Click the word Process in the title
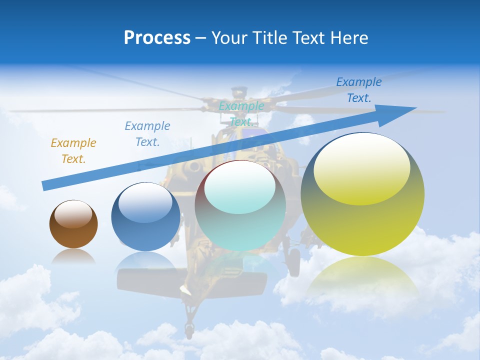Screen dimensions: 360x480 [x=157, y=38]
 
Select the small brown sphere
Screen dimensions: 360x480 [x=73, y=224]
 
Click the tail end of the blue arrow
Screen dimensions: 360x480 [x=45, y=186]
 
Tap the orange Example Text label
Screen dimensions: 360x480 [x=73, y=150]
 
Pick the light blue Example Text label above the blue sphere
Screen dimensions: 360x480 [x=147, y=133]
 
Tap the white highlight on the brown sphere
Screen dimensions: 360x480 [x=73, y=213]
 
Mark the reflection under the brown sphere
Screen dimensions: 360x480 [x=73, y=256]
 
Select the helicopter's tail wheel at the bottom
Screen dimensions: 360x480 [x=189, y=330]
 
